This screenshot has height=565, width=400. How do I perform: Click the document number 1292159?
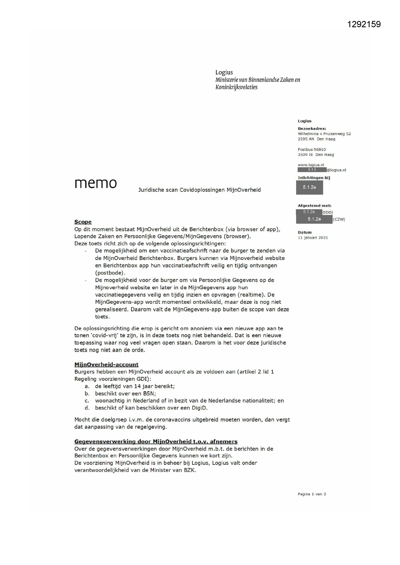click(x=364, y=24)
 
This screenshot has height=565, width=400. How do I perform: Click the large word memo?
click(x=95, y=183)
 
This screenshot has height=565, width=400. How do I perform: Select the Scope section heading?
click(x=83, y=222)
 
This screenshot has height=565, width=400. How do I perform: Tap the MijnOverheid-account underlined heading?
click(x=106, y=365)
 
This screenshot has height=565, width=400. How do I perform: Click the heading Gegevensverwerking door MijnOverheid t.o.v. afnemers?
click(x=156, y=442)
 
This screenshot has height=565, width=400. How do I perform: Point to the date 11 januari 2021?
click(x=313, y=238)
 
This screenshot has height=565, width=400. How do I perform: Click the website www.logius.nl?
click(x=311, y=165)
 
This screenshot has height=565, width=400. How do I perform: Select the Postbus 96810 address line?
click(x=312, y=149)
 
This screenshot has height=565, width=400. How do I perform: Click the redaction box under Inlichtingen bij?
click(x=309, y=187)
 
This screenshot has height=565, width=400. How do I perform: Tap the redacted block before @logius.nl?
click(x=312, y=170)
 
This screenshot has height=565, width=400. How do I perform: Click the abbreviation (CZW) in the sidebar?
click(x=339, y=219)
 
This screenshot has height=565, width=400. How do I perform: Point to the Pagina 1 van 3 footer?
click(x=312, y=494)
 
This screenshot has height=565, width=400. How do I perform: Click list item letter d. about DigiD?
click(x=87, y=408)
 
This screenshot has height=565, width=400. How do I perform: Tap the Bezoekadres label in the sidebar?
click(x=312, y=129)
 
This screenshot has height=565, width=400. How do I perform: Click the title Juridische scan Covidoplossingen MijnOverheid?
click(x=200, y=190)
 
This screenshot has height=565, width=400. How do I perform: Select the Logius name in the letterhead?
click(x=224, y=72)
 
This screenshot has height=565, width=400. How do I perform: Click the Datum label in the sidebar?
click(x=305, y=233)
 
